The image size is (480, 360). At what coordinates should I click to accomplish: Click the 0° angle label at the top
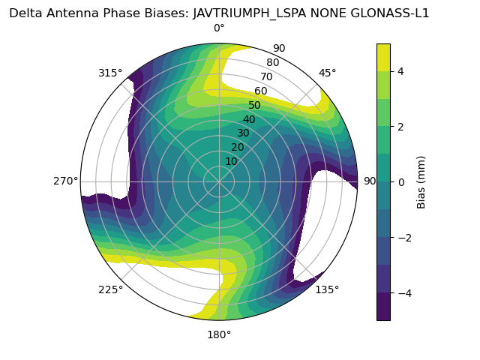(x=219, y=28)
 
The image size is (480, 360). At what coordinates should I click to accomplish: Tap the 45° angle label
(x=328, y=73)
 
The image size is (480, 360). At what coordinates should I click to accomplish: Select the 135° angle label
(x=327, y=289)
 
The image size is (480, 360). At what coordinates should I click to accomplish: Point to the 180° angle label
(x=219, y=334)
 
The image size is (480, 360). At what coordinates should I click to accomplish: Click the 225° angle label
(x=110, y=289)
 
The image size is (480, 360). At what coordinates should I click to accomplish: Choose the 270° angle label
(x=66, y=181)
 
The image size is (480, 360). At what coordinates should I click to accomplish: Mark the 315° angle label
(x=110, y=73)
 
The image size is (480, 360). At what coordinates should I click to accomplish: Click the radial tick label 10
(x=231, y=161)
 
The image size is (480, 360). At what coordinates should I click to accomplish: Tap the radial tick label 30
(x=243, y=133)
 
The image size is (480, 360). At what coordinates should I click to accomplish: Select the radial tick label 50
(x=254, y=106)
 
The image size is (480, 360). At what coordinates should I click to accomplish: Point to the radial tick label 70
(x=266, y=77)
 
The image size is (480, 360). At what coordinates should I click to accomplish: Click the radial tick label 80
(x=272, y=63)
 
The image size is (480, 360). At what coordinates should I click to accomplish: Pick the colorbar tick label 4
(x=400, y=71)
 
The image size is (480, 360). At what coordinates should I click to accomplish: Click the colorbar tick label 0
(x=400, y=181)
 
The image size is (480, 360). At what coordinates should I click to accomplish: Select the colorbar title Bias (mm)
(x=421, y=181)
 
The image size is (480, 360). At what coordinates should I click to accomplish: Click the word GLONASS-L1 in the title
(x=391, y=13)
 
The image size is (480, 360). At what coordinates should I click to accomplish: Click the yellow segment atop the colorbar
(x=383, y=57)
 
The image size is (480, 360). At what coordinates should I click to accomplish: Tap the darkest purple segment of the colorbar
(x=383, y=307)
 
